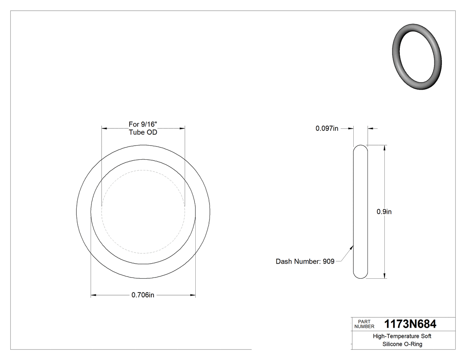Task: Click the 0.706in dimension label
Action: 142,295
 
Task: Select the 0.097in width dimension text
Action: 327,128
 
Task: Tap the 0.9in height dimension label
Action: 384,212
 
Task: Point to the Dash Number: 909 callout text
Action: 305,261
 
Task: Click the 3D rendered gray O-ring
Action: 418,57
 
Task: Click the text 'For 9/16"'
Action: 143,124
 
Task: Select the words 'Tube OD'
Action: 143,132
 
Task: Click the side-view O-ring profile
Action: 360,212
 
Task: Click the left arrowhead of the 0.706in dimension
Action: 93,295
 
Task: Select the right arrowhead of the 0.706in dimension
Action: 194,295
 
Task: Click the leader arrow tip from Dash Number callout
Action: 353,245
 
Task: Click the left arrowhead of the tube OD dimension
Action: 104,128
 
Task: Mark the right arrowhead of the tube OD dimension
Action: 182,128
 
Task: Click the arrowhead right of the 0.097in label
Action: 370,128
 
